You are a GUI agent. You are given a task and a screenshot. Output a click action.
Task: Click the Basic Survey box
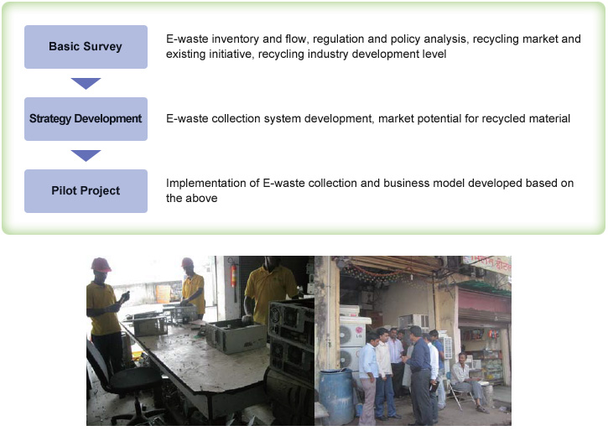86,47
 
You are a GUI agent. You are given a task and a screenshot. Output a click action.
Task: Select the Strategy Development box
86,119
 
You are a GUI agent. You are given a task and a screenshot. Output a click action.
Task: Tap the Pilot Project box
86,191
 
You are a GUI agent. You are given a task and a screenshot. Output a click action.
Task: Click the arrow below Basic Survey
86,83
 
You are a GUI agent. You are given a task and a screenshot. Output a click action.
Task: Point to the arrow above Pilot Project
86,155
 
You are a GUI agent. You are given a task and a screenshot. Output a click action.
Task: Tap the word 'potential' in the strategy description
439,118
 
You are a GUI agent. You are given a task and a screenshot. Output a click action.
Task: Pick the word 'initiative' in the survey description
231,54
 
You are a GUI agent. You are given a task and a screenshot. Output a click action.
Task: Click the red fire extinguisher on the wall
233,276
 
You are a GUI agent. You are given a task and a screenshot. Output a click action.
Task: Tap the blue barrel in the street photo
336,396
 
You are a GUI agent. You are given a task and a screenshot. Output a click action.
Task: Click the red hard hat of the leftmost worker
101,265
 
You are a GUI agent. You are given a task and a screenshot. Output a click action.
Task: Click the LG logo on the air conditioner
359,332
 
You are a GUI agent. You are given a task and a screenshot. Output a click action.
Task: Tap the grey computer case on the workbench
237,335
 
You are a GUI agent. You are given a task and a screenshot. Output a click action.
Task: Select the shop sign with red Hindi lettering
487,264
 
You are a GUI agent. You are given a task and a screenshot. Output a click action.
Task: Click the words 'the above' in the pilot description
191,199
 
